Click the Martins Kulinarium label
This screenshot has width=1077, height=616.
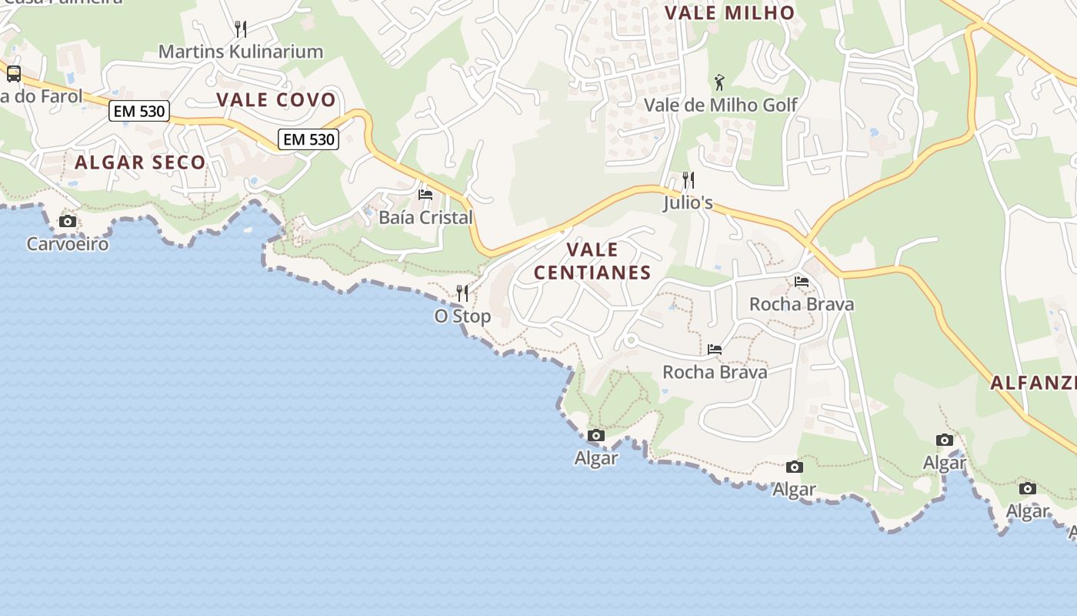[240, 52]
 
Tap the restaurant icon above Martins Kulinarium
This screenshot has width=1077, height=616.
[241, 29]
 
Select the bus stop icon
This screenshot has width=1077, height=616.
[14, 74]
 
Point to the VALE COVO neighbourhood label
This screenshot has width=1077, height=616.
[276, 99]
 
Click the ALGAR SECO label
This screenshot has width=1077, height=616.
[140, 162]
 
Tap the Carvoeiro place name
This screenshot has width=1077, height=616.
[68, 244]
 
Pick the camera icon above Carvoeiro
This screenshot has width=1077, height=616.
[68, 222]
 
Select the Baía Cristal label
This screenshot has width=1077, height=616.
[425, 217]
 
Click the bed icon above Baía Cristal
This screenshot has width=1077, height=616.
[425, 195]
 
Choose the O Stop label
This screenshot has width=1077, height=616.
[462, 316]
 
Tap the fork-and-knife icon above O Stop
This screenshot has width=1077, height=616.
[462, 293]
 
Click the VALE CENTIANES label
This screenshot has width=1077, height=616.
[592, 261]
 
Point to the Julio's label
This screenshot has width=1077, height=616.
[689, 203]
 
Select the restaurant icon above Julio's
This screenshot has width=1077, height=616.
[689, 180]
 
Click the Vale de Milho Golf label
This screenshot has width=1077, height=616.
[720, 105]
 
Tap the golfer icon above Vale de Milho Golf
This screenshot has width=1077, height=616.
[719, 82]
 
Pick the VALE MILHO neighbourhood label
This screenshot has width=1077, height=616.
[729, 12]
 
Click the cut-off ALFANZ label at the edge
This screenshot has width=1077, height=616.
[1032, 383]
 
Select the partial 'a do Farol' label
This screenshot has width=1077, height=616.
[41, 96]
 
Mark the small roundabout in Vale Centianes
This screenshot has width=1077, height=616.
[631, 340]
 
